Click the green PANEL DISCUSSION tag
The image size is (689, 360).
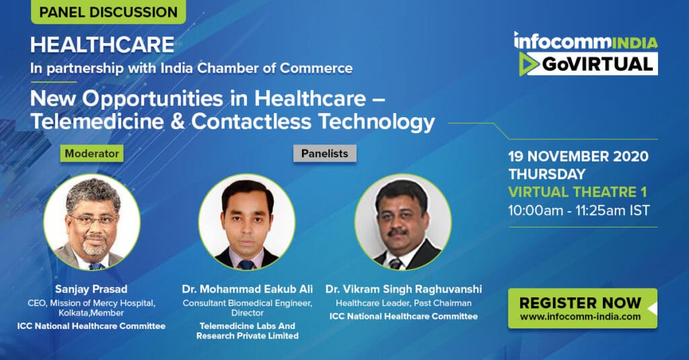[108, 12]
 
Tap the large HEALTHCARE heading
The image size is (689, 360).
[102, 45]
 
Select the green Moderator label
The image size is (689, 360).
[92, 153]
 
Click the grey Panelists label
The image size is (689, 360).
[325, 153]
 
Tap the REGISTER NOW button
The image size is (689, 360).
[583, 308]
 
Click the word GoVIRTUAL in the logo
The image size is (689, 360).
[597, 64]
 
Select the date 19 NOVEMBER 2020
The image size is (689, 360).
[578, 156]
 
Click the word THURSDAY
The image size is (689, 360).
[546, 174]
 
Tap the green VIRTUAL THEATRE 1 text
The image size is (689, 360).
[577, 192]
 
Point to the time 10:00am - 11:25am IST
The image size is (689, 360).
[579, 211]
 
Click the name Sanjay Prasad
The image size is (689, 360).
[92, 289]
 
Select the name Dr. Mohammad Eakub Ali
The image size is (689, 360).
[248, 289]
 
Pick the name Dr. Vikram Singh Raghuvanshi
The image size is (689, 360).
[404, 289]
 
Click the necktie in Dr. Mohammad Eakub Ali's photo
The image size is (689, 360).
[246, 264]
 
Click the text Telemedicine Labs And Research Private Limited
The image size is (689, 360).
[248, 330]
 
